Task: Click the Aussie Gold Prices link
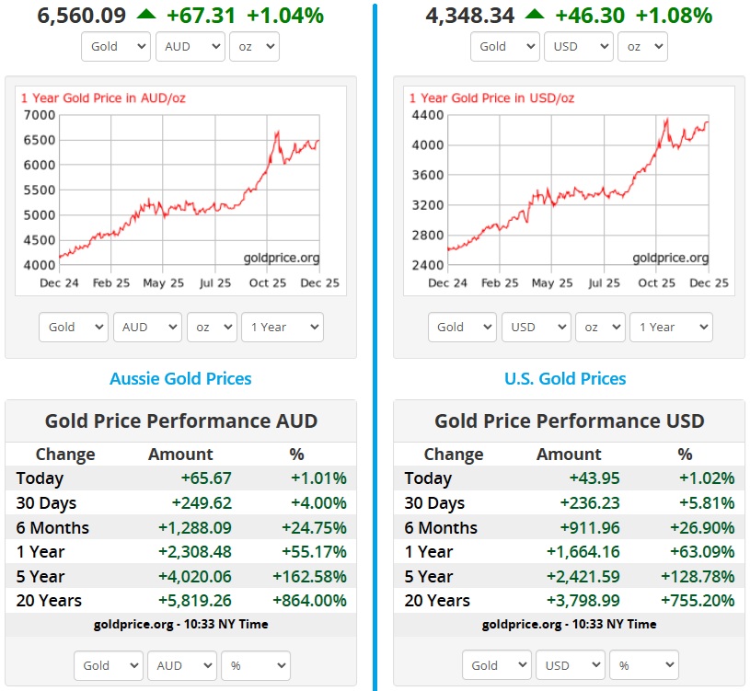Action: pyautogui.click(x=180, y=378)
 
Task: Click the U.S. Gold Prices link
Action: pyautogui.click(x=565, y=378)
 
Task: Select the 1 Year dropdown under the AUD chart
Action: pyautogui.click(x=282, y=327)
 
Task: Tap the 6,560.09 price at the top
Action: pyautogui.click(x=82, y=15)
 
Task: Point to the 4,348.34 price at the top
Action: pyautogui.click(x=470, y=15)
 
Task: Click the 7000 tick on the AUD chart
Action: pyautogui.click(x=38, y=115)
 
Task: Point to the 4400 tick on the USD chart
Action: pyautogui.click(x=428, y=115)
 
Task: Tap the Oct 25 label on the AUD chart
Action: pyautogui.click(x=268, y=282)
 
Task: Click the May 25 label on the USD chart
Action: pyautogui.click(x=552, y=282)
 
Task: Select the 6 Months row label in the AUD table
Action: pyautogui.click(x=52, y=528)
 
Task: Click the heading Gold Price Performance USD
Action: pyautogui.click(x=569, y=421)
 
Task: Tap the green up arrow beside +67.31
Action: pyautogui.click(x=145, y=14)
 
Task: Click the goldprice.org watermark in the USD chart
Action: pyautogui.click(x=670, y=258)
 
